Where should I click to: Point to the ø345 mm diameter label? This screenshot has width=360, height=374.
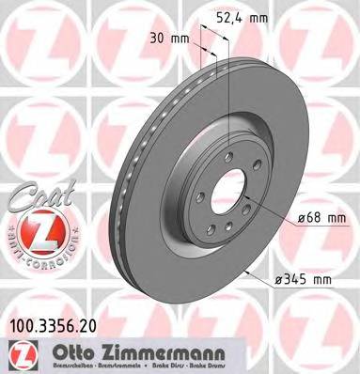[x=304, y=279]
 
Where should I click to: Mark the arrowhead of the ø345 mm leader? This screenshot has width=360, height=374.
[x=246, y=273]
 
